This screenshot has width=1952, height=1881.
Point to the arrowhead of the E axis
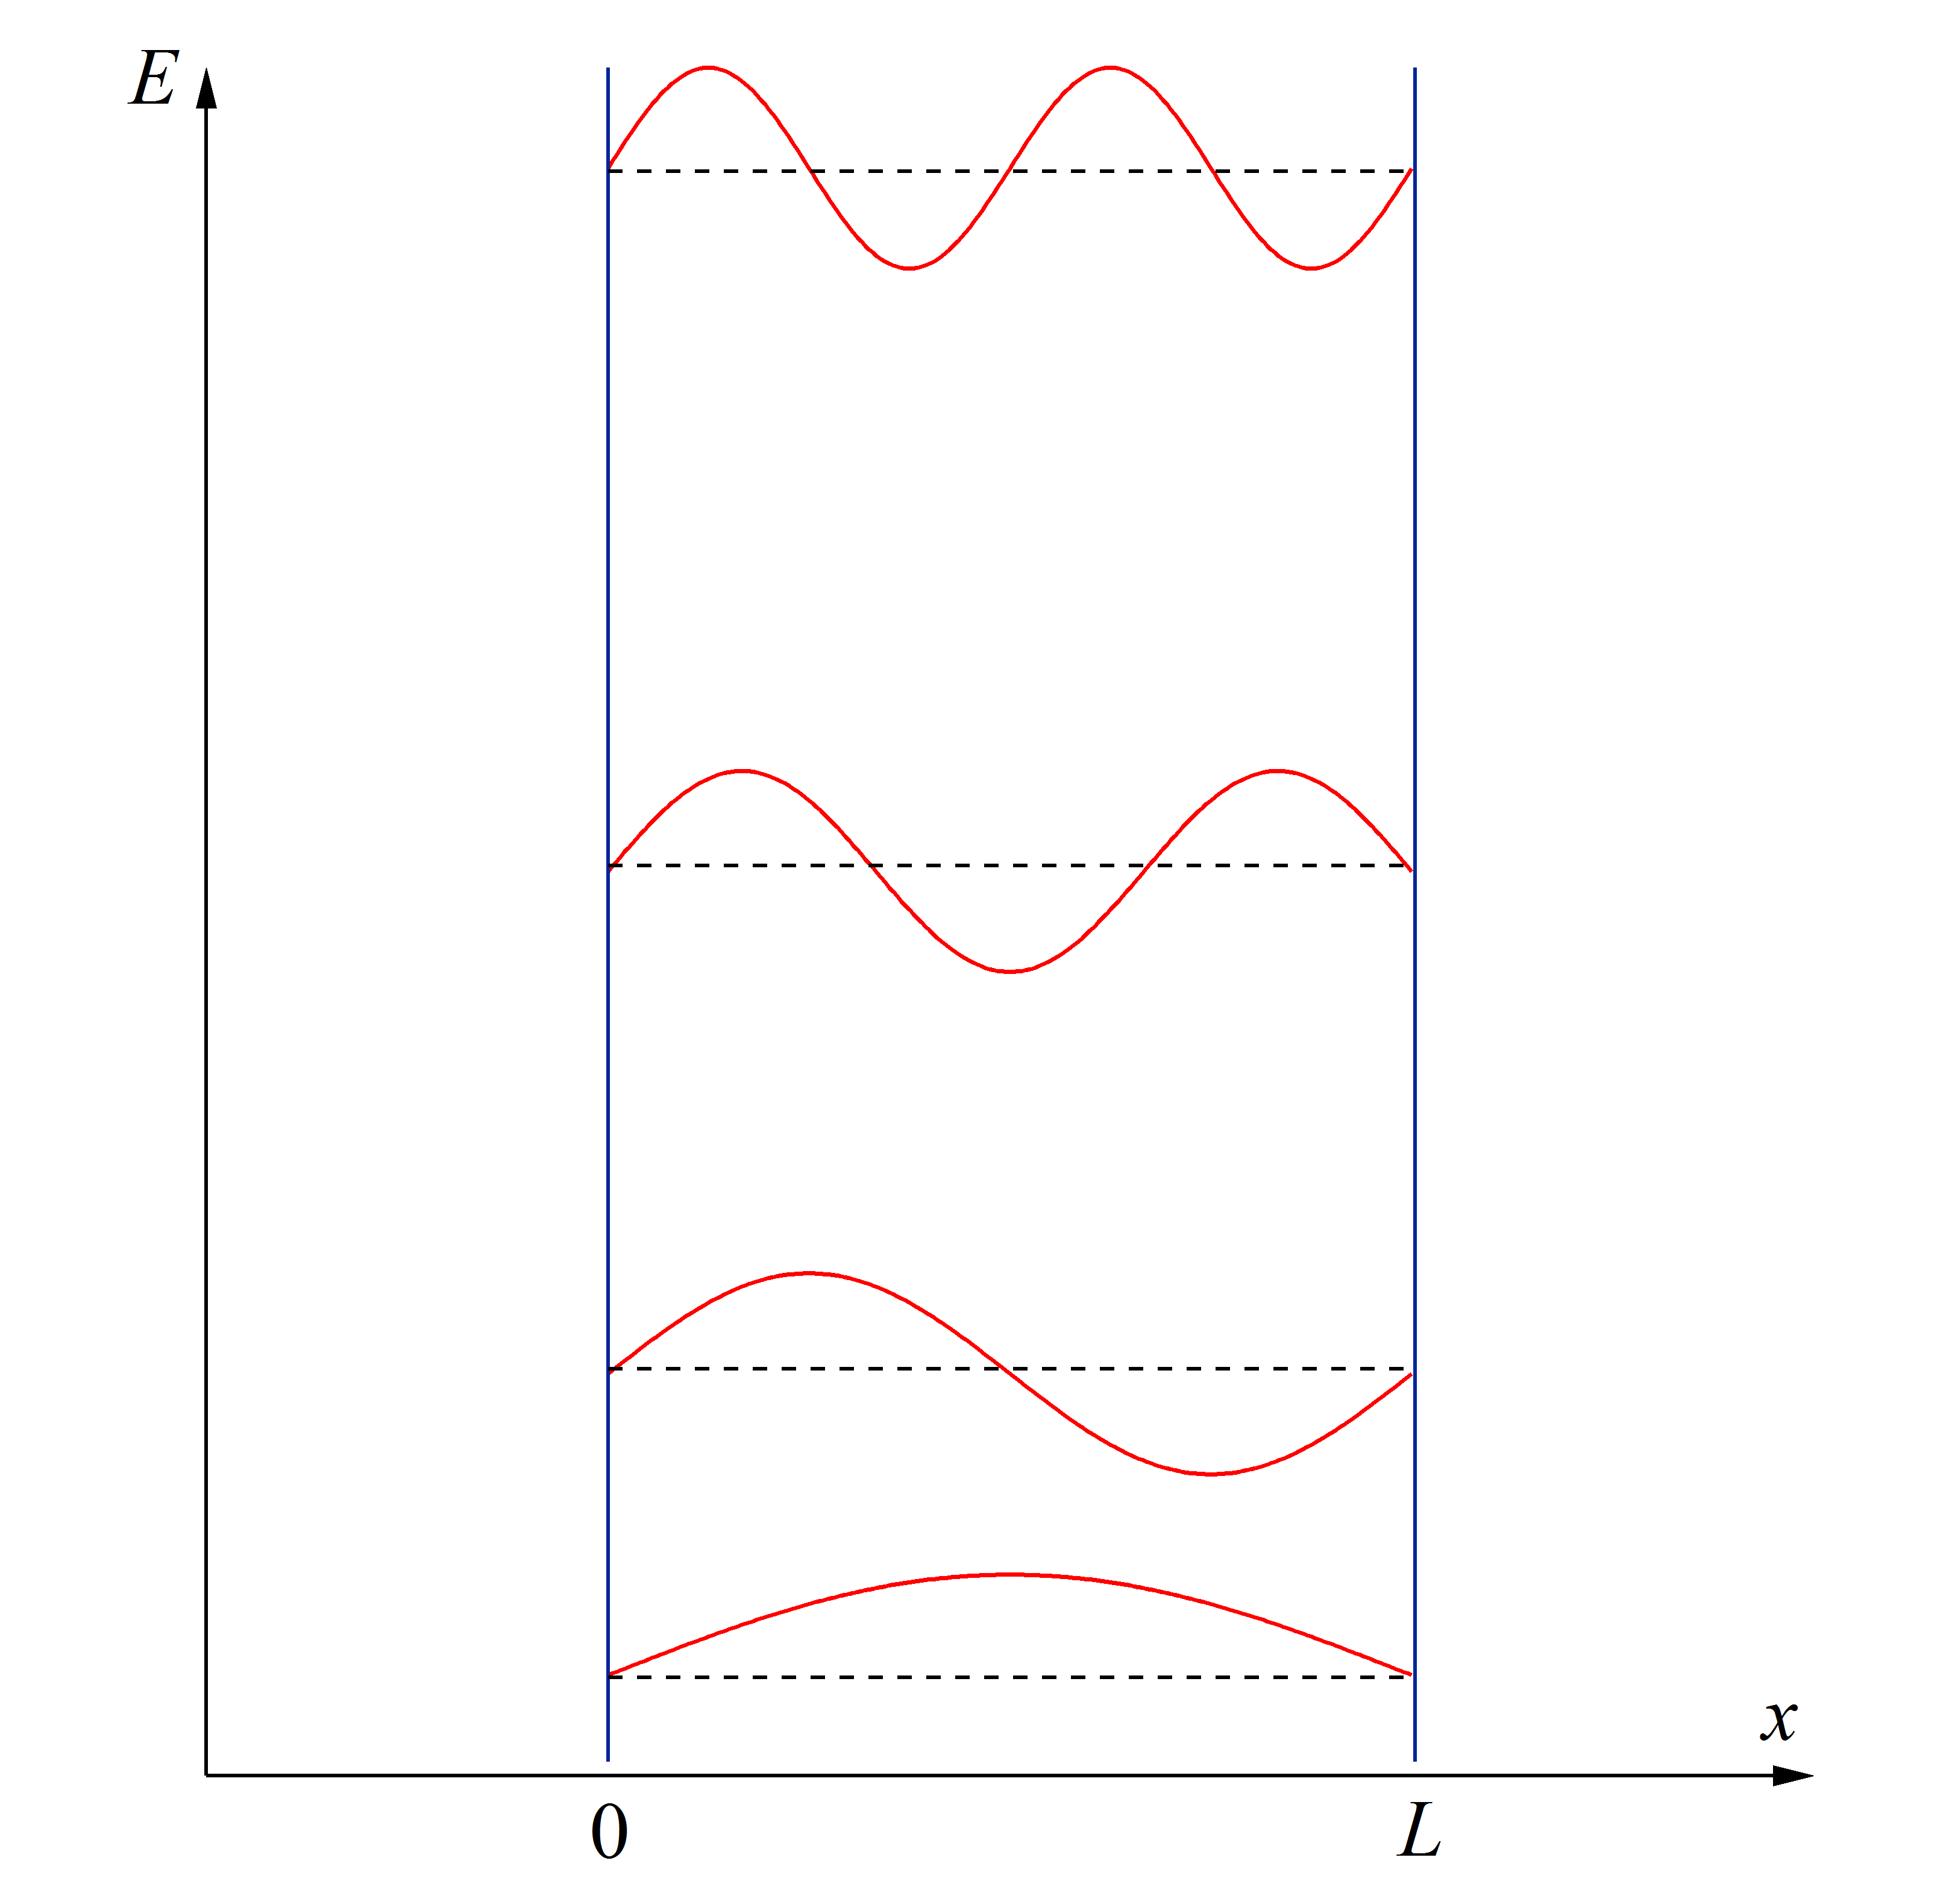(206, 87)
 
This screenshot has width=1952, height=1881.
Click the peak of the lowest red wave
(1010, 1574)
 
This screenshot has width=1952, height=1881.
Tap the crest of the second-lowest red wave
(809, 1273)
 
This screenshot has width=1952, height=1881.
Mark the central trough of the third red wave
(1010, 971)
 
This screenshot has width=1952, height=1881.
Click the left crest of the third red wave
(742, 771)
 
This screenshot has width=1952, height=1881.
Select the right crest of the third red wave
(1277, 771)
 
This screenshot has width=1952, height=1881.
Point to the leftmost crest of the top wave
(708, 68)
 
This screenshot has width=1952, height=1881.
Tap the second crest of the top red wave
(1111, 68)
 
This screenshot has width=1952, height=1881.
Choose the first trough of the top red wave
(909, 268)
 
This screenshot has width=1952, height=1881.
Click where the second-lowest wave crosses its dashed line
(1001, 1369)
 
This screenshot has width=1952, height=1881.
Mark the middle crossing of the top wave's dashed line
(1010, 171)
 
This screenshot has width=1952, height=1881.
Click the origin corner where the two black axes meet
(206, 1776)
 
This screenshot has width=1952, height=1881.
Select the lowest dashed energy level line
(1010, 1677)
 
